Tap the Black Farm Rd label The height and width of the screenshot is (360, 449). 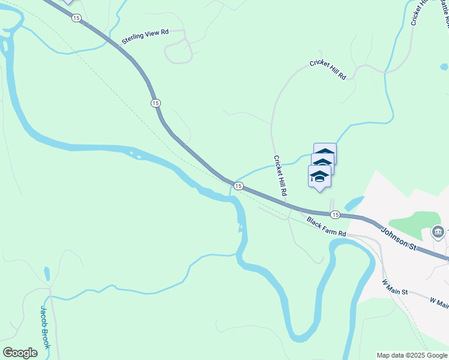(x=327, y=226)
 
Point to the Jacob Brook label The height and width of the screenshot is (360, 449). (x=46, y=326)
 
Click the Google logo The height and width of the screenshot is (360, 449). (x=20, y=353)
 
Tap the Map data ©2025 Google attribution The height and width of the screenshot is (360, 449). (x=412, y=355)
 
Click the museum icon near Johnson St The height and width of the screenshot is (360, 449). (x=438, y=232)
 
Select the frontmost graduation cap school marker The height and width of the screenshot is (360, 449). (x=319, y=177)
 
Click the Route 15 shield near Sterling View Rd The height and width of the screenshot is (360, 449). (x=76, y=18)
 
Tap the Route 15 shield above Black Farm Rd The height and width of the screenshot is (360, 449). (x=335, y=215)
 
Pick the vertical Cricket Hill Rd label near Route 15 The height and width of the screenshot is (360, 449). (x=280, y=176)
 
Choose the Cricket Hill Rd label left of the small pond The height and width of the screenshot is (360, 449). (x=328, y=70)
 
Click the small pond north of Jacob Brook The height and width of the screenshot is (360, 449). (x=47, y=274)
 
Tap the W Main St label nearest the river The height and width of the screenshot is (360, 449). (x=395, y=287)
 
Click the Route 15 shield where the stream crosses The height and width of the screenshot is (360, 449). (x=238, y=187)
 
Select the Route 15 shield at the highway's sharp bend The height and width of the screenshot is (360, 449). (x=156, y=103)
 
